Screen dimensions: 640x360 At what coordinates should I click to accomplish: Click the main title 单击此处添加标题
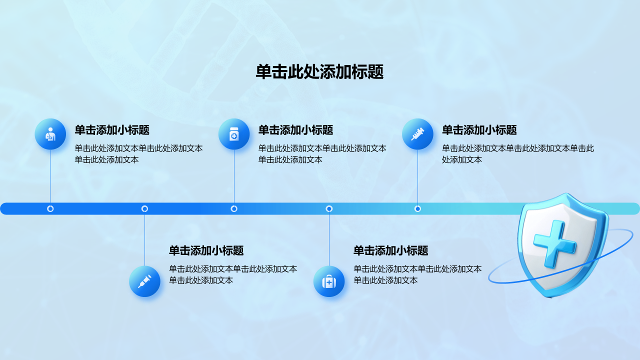[x=319, y=71]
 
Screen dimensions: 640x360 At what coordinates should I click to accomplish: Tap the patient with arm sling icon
[x=50, y=134]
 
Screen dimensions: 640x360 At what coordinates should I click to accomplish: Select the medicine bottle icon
[x=234, y=134]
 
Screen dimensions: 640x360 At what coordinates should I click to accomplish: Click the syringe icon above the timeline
[x=417, y=134]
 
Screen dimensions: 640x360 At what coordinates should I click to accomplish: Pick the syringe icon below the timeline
[x=144, y=281]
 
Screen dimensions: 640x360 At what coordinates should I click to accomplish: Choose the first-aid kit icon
[x=329, y=281]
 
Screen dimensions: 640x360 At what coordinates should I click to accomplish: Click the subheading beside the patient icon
[x=112, y=130]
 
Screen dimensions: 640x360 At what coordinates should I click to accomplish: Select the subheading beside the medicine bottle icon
[x=295, y=130]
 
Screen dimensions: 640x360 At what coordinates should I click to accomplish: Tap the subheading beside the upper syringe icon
[x=479, y=130]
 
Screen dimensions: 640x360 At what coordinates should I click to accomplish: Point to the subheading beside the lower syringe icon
[x=206, y=250]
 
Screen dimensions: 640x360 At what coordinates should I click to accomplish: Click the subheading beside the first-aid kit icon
[x=391, y=250]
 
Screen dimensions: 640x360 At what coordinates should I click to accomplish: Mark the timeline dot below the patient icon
[x=50, y=209]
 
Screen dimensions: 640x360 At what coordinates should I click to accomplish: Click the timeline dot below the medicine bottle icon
[x=234, y=209]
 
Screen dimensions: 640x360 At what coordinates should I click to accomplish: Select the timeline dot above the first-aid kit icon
[x=329, y=209]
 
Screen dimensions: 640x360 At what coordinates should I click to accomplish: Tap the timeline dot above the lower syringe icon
[x=144, y=209]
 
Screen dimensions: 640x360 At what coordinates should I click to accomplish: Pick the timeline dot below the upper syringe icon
[x=417, y=209]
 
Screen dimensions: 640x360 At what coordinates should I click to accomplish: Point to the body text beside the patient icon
[x=138, y=153]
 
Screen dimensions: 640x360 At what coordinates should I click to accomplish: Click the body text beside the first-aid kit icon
[x=417, y=274]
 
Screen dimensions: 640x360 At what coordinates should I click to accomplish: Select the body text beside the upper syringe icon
[x=518, y=153]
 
